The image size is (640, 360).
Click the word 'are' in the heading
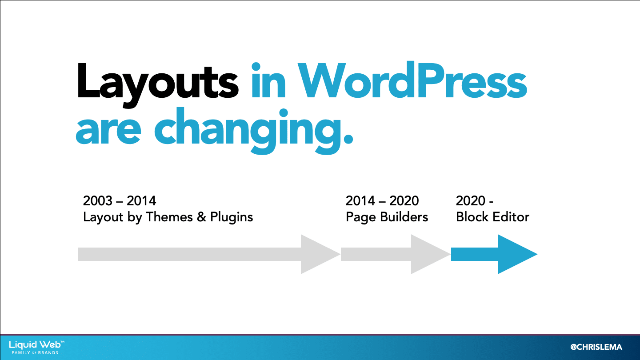tap(108, 132)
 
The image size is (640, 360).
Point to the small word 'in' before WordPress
tap(268, 80)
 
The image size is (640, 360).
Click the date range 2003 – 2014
tap(120, 200)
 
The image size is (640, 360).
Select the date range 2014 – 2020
tap(382, 200)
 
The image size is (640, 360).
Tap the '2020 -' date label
tap(475, 200)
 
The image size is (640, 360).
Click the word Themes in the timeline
tap(169, 217)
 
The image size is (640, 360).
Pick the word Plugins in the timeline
tap(232, 217)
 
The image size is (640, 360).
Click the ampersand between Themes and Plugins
tap(202, 217)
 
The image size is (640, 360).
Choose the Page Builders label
tap(387, 217)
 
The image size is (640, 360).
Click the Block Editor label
tap(492, 217)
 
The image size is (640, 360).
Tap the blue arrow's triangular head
tap(514, 254)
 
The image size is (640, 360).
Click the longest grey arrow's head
tap(317, 254)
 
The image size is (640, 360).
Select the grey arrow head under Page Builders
tap(427, 254)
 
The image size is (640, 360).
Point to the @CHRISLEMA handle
tap(596, 347)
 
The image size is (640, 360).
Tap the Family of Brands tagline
tap(35, 352)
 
